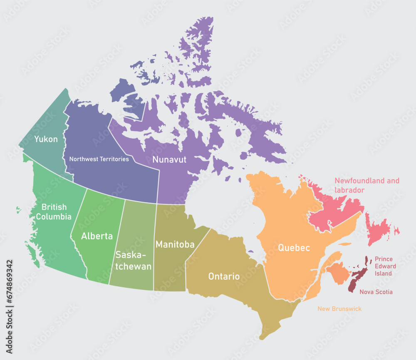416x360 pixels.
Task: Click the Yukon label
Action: (46, 139)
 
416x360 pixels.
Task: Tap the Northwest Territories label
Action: (99, 159)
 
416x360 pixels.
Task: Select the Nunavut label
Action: (169, 159)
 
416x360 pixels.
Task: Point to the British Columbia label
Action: (53, 211)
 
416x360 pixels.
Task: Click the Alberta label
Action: (97, 236)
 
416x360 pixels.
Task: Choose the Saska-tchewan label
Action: (134, 261)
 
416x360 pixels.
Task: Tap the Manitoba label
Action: (175, 244)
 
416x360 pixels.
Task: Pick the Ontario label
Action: (224, 276)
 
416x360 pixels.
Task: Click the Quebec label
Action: (294, 248)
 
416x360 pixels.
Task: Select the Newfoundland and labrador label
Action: (367, 185)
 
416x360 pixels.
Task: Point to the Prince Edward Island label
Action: (385, 266)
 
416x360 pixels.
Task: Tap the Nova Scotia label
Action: (376, 292)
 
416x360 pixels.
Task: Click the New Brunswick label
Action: (339, 309)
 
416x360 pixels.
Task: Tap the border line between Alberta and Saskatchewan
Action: (117, 241)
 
